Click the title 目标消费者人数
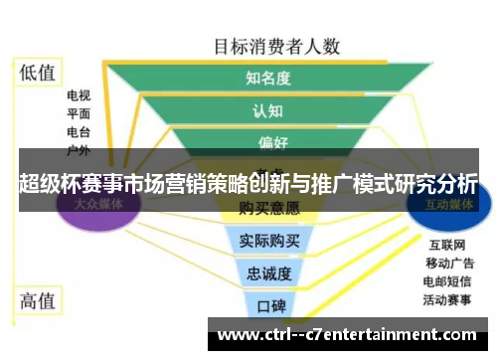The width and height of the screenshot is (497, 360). [x=277, y=46]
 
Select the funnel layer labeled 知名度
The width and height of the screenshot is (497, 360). [x=268, y=78]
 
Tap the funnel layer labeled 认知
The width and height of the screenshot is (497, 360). [x=268, y=109]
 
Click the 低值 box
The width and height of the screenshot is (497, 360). [x=38, y=72]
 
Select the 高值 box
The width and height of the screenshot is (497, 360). [x=38, y=301]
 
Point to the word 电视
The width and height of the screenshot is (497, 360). [x=79, y=96]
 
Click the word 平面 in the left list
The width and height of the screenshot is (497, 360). [x=79, y=114]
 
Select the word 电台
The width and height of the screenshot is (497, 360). [x=79, y=131]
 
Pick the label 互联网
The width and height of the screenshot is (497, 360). [x=444, y=245]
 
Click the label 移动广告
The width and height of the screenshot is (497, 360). [x=449, y=263]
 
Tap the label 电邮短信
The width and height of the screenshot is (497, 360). [x=449, y=280]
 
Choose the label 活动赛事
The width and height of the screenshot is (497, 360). [x=449, y=298]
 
